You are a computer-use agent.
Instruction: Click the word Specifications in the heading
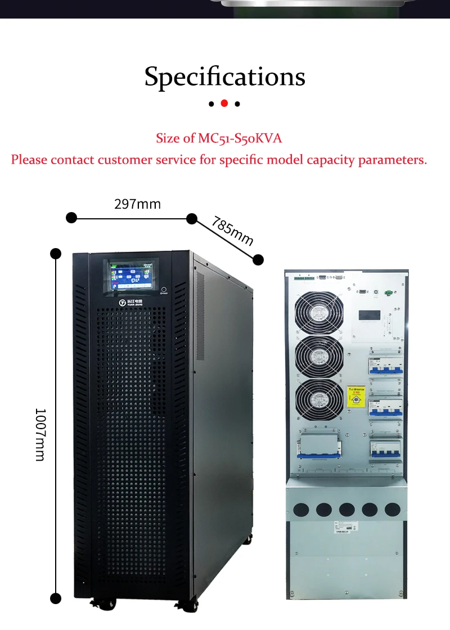point(224,76)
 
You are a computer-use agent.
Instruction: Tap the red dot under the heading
point(224,103)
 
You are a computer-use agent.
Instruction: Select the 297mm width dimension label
point(137,204)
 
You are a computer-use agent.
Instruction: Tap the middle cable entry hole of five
point(346,510)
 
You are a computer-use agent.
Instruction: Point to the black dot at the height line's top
point(56,254)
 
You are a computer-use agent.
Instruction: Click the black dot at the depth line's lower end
point(258,259)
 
